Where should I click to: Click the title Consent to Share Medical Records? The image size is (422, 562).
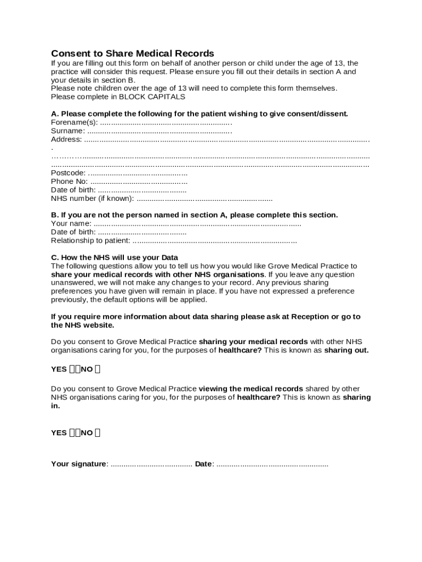click(132, 53)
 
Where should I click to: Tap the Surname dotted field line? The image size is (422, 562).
click(159, 131)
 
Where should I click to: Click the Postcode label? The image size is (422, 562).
click(68, 173)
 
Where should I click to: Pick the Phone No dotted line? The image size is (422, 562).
click(139, 182)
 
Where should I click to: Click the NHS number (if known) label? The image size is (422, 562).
click(92, 198)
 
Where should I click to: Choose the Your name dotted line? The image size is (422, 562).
click(197, 223)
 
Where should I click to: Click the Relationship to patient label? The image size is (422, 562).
click(90, 240)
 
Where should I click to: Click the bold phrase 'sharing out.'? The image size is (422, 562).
click(346, 350)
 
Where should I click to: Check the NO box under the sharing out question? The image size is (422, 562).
click(97, 369)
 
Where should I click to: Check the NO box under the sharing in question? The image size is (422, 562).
click(97, 432)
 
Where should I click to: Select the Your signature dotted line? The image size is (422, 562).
click(151, 464)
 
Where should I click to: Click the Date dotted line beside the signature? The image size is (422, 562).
click(272, 464)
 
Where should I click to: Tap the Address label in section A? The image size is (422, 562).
click(66, 139)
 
